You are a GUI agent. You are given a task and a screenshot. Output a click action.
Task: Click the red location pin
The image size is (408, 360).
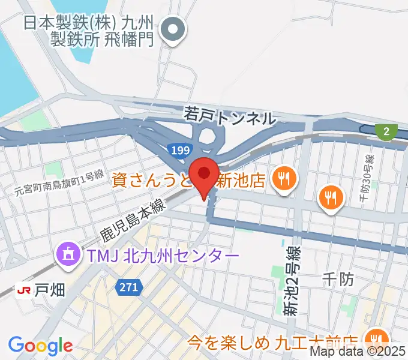click(x=204, y=175)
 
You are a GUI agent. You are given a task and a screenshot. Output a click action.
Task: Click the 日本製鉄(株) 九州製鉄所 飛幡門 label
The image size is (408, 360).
click(x=90, y=31)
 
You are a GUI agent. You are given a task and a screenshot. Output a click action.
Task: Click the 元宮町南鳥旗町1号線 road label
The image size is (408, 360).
click(x=59, y=184)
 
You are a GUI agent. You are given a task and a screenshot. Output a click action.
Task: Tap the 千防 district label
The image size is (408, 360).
click(x=340, y=278)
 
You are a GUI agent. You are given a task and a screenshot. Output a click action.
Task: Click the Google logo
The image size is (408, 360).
click(x=40, y=346)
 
